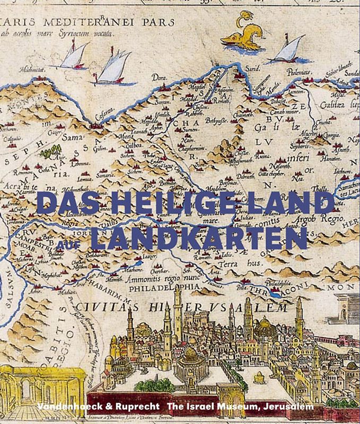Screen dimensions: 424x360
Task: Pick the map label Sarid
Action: point(252,69)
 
